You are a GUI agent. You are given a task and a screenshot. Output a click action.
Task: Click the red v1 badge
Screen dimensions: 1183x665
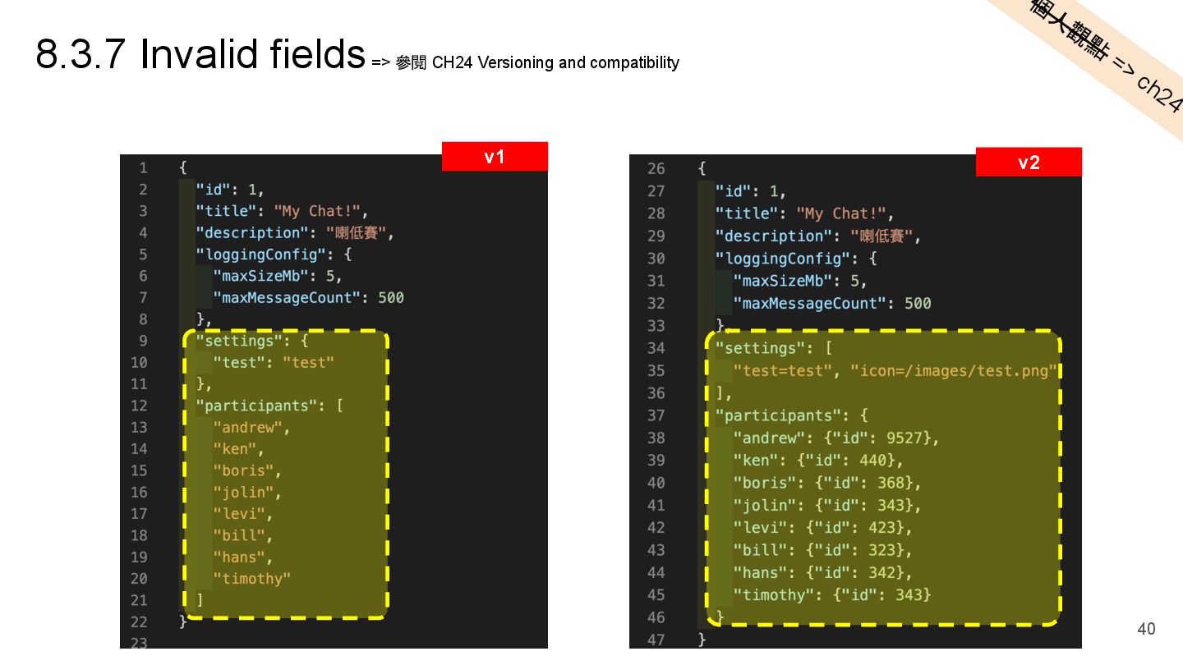click(x=495, y=157)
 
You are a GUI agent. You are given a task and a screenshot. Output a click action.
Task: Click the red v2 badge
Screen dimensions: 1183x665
click(x=1029, y=163)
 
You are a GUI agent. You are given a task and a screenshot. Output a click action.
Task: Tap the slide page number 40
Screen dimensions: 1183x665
click(x=1146, y=629)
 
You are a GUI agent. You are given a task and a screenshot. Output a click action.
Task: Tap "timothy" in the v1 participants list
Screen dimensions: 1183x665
click(x=251, y=579)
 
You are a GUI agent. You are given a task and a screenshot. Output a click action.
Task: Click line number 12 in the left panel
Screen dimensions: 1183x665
click(x=138, y=406)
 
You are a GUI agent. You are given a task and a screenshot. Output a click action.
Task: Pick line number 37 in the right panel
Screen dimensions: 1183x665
click(x=656, y=415)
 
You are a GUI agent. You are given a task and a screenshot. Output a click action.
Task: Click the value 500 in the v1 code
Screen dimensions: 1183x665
click(x=391, y=297)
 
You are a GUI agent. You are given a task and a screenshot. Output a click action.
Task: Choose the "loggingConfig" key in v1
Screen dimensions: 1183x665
click(x=260, y=255)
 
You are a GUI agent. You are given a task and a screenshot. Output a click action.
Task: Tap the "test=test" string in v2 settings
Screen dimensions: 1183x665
click(x=782, y=371)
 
